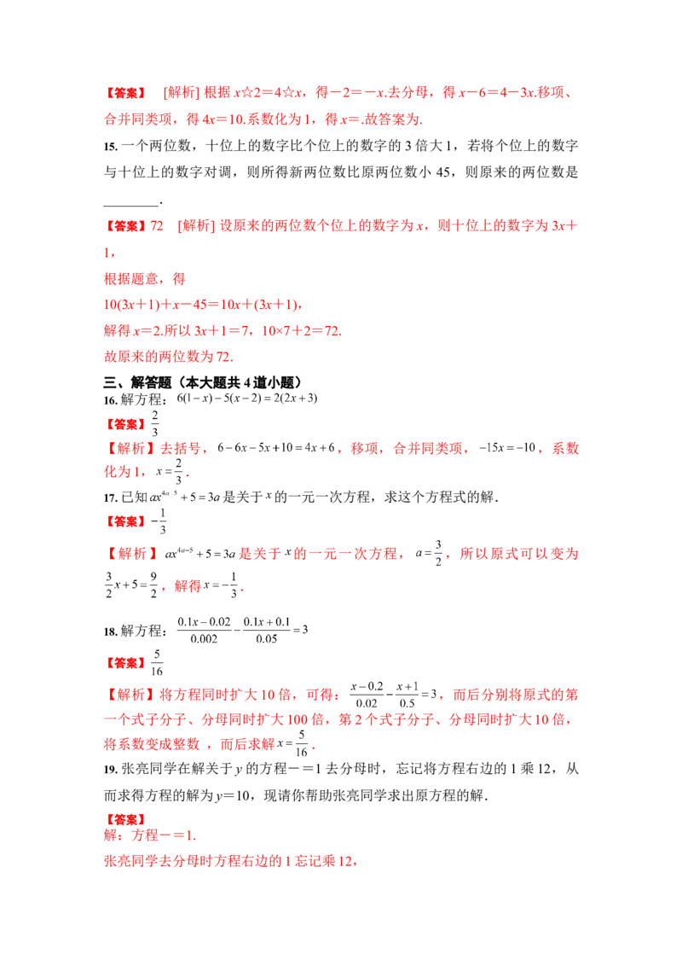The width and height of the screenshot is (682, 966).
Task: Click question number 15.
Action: point(110,147)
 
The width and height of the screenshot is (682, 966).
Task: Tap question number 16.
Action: point(110,400)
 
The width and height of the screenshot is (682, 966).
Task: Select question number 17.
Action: point(110,498)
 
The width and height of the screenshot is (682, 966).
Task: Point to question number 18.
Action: point(110,631)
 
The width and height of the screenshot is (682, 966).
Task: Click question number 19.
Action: point(110,770)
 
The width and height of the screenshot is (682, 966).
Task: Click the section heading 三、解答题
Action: point(137,382)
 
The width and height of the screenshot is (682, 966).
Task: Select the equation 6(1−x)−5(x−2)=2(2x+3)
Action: point(247,398)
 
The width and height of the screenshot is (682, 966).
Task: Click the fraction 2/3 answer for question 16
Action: point(154,424)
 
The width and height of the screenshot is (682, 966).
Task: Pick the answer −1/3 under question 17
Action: point(159,521)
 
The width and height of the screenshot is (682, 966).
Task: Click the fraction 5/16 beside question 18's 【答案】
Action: point(156,663)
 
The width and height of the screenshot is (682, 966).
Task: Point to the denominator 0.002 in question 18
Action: point(204,639)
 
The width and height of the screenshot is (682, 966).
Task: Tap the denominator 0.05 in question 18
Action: point(267,639)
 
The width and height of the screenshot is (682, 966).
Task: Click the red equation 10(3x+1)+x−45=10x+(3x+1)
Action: point(203,305)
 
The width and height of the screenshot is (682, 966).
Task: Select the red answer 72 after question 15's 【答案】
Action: point(157,226)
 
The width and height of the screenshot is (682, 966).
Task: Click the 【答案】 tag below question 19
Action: point(125,819)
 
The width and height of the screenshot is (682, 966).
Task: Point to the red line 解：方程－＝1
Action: point(149,836)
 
